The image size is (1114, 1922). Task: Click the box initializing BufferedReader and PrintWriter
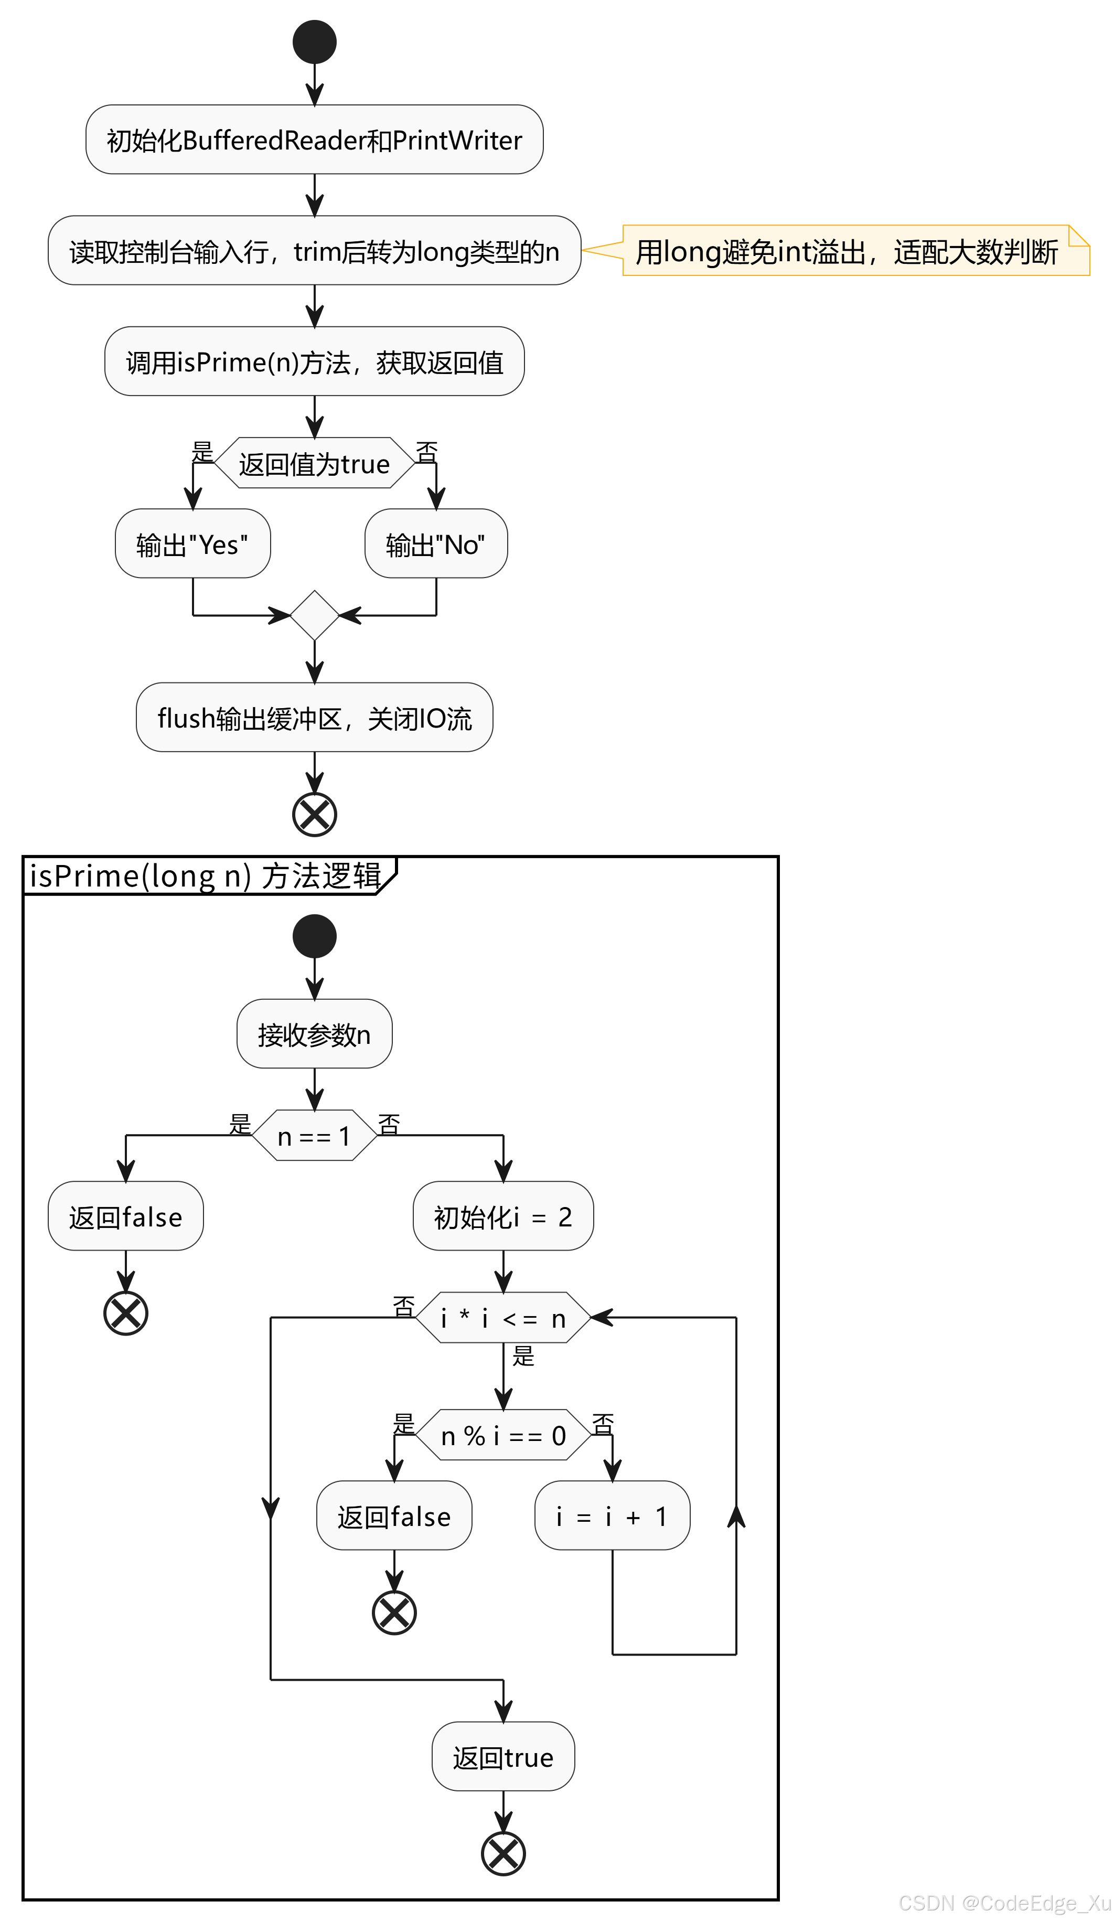click(x=314, y=140)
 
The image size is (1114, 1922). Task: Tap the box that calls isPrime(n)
click(x=314, y=361)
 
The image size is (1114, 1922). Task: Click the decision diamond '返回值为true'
click(x=314, y=463)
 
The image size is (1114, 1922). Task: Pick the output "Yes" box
click(x=192, y=544)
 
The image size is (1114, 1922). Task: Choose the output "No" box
click(x=435, y=544)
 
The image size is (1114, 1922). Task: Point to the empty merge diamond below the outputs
click(x=314, y=615)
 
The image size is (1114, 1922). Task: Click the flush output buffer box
click(x=314, y=718)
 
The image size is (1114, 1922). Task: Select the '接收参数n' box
click(x=314, y=1034)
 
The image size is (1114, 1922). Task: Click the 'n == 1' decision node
click(x=314, y=1136)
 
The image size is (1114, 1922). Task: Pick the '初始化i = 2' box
click(x=502, y=1216)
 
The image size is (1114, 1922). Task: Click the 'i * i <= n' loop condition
click(x=502, y=1318)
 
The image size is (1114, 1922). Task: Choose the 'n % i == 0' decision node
click(x=502, y=1435)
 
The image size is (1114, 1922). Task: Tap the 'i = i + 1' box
click(x=612, y=1516)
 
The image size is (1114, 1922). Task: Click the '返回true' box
click(x=502, y=1757)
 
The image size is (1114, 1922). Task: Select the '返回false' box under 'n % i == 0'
click(x=393, y=1516)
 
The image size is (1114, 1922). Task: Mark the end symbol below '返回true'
click(x=502, y=1853)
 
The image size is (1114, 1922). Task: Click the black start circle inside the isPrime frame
click(x=314, y=936)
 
